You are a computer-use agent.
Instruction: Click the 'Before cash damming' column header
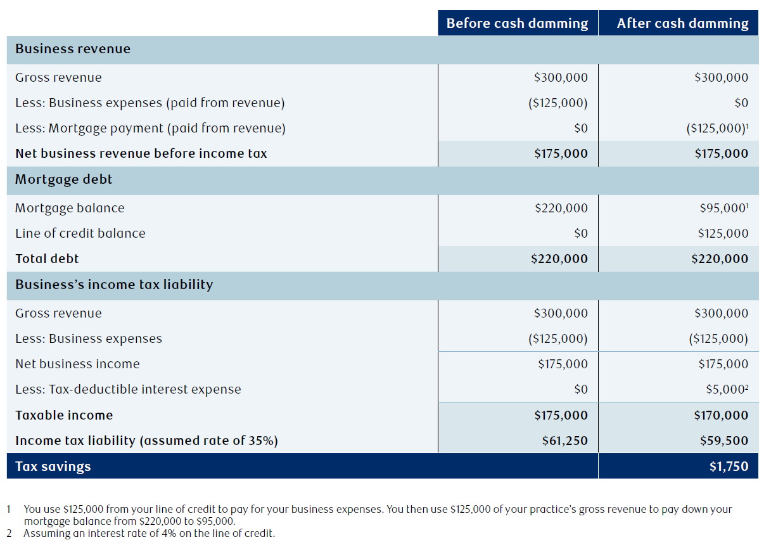pyautogui.click(x=517, y=23)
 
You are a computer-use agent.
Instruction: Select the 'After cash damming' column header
pyautogui.click(x=682, y=23)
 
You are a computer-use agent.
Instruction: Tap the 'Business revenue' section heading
pyautogui.click(x=73, y=49)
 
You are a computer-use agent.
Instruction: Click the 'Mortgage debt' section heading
pyautogui.click(x=64, y=179)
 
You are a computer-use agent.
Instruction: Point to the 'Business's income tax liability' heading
pyautogui.click(x=114, y=285)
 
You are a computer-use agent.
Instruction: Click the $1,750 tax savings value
pyautogui.click(x=729, y=467)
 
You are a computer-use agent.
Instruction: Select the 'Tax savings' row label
pyautogui.click(x=53, y=467)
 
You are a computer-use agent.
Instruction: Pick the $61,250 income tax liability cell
pyautogui.click(x=565, y=441)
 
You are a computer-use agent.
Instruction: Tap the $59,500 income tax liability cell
pyautogui.click(x=724, y=441)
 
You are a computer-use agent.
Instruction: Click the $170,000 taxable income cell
pyautogui.click(x=721, y=415)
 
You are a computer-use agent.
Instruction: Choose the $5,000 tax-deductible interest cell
pyautogui.click(x=727, y=390)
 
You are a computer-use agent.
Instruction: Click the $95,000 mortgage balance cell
pyautogui.click(x=724, y=208)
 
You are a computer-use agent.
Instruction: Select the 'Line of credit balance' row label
pyautogui.click(x=80, y=233)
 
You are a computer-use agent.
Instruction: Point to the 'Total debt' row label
pyautogui.click(x=47, y=259)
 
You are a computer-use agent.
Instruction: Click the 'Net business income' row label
pyautogui.click(x=77, y=364)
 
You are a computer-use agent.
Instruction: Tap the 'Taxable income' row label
pyautogui.click(x=64, y=415)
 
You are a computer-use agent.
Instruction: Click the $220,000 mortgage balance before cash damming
pyautogui.click(x=561, y=208)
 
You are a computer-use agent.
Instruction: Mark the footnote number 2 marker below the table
pyautogui.click(x=10, y=533)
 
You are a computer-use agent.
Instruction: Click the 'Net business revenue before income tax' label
pyautogui.click(x=141, y=153)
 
